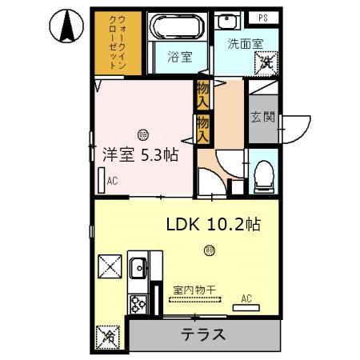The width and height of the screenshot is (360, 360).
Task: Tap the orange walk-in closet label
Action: tap(114, 44)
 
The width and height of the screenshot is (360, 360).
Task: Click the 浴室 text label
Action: tap(179, 58)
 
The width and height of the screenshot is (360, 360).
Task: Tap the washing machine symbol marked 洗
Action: tap(269, 60)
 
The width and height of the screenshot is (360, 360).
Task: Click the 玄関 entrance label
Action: tap(262, 117)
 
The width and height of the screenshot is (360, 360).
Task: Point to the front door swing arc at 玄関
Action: tap(298, 128)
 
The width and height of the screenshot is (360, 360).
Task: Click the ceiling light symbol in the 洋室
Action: tap(142, 133)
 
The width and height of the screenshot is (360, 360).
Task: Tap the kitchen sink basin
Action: tap(137, 268)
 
